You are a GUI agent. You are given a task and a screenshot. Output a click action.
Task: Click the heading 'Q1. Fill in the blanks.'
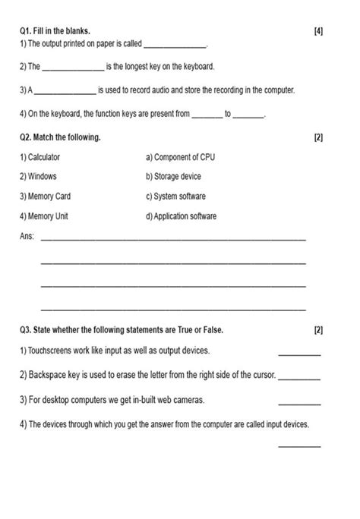pyautogui.click(x=55, y=30)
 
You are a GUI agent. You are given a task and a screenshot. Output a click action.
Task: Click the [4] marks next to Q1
pyautogui.click(x=317, y=30)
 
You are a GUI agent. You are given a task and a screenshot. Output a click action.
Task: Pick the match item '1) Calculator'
pyautogui.click(x=40, y=157)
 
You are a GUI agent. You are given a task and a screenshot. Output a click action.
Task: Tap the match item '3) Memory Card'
pyautogui.click(x=46, y=196)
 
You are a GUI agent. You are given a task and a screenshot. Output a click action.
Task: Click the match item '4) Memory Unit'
pyautogui.click(x=44, y=216)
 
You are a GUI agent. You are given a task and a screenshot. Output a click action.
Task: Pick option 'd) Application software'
pyautogui.click(x=181, y=216)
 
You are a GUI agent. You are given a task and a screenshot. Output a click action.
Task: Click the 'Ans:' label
pyautogui.click(x=27, y=237)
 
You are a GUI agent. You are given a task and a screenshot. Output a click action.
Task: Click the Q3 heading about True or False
pyautogui.click(x=122, y=331)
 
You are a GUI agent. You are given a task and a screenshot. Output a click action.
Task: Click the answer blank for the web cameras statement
pyautogui.click(x=299, y=401)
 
